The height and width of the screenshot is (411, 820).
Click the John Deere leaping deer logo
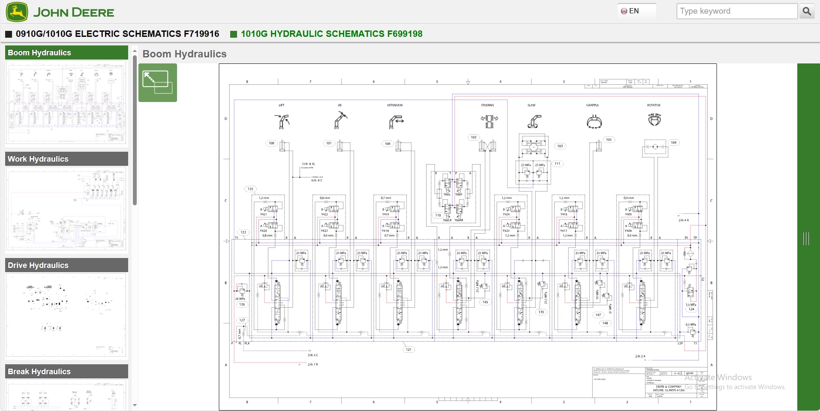click(17, 12)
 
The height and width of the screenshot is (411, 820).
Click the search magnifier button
click(806, 11)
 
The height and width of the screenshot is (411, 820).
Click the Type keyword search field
click(736, 11)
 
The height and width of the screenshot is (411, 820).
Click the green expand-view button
click(157, 82)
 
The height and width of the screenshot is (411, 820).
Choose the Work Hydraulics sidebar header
click(66, 159)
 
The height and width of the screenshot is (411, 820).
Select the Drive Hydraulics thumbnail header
click(66, 265)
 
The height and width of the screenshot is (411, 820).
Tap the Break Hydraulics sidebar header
click(66, 371)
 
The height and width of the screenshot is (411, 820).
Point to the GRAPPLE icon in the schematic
click(594, 122)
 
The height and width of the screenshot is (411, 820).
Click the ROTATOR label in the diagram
click(653, 105)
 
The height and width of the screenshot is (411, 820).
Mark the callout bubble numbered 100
click(271, 143)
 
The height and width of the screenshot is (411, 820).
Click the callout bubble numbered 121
click(408, 349)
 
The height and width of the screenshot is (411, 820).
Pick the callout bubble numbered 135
click(541, 312)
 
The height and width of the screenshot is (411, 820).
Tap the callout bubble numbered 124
click(691, 309)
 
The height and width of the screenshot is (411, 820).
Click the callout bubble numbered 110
click(438, 215)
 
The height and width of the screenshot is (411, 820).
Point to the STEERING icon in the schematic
click(489, 121)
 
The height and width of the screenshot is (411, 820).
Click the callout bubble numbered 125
click(250, 189)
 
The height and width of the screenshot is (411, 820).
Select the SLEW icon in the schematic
click(534, 122)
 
